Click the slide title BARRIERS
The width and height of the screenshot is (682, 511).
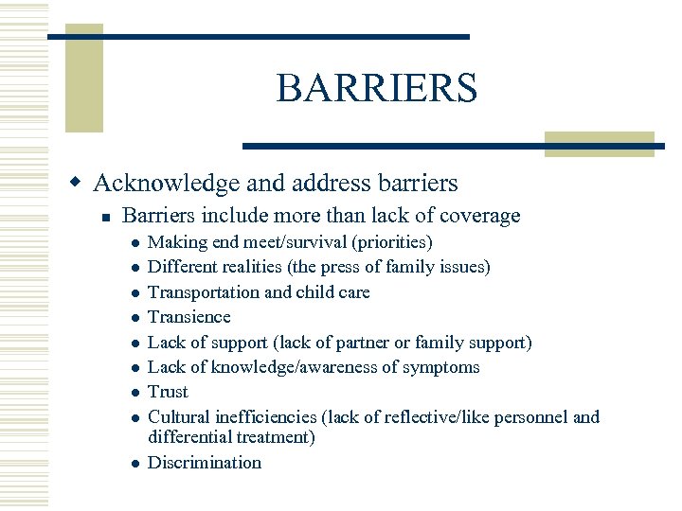pyautogui.click(x=376, y=89)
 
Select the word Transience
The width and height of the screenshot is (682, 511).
pyautogui.click(x=189, y=317)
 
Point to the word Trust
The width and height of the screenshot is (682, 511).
pyautogui.click(x=169, y=392)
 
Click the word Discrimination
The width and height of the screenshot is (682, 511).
pyautogui.click(x=205, y=463)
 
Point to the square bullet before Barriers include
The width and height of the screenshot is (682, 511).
pyautogui.click(x=107, y=218)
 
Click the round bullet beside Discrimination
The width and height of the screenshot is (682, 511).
pyautogui.click(x=136, y=464)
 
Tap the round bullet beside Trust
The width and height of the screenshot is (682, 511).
pyautogui.click(x=136, y=393)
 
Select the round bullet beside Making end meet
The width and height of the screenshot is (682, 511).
pyautogui.click(x=136, y=243)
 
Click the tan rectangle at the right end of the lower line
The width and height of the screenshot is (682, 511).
pyautogui.click(x=601, y=144)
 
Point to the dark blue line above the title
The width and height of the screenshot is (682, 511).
pyautogui.click(x=258, y=36)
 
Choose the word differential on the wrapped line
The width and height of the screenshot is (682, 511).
pyautogui.click(x=187, y=437)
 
